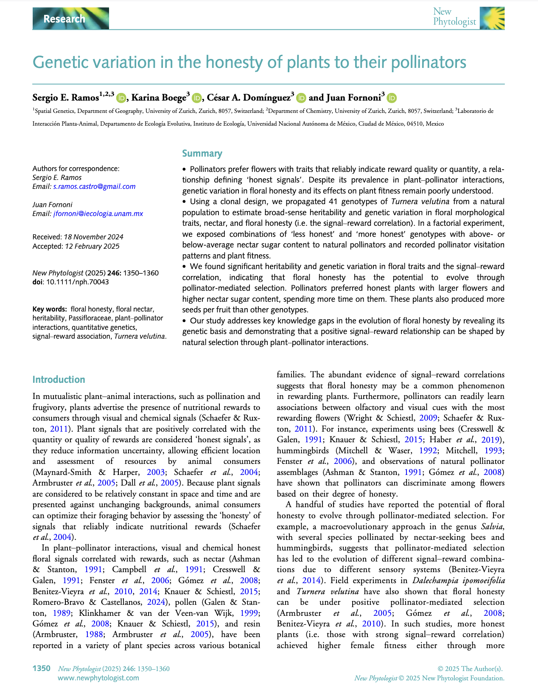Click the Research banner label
coord(64,19)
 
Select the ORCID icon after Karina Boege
coord(196,98)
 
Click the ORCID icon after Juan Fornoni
coord(392,98)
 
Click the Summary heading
coord(202,153)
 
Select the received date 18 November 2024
coord(93,237)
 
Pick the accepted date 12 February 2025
coord(92,246)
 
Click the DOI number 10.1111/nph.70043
coord(77,282)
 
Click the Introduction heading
coord(59,379)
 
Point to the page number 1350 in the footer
coord(42,668)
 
